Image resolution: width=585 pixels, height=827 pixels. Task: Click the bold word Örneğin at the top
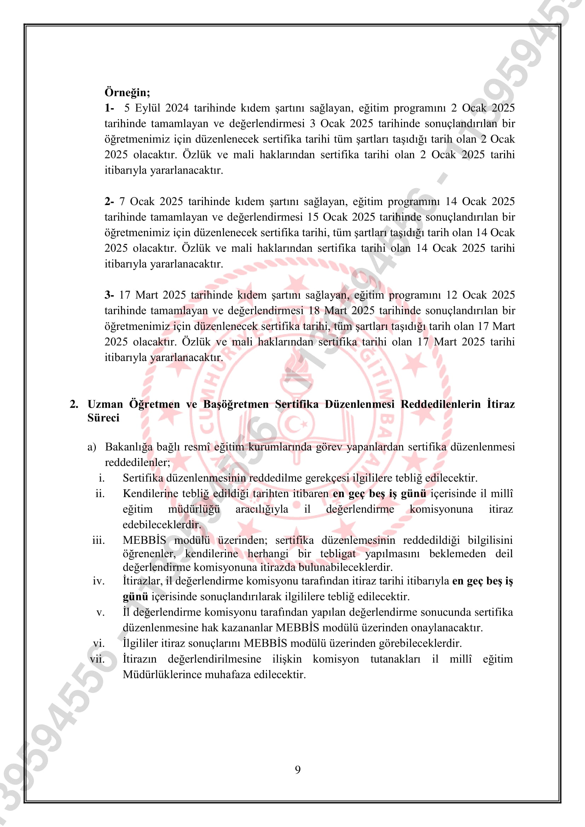click(x=127, y=93)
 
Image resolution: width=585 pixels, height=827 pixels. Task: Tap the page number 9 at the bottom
click(x=297, y=769)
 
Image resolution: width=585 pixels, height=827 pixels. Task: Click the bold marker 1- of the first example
click(x=109, y=108)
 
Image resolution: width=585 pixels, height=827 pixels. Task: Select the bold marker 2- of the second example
click(x=109, y=201)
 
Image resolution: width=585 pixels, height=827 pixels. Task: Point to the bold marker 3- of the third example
click(x=109, y=295)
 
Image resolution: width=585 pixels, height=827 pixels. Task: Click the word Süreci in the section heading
click(x=103, y=418)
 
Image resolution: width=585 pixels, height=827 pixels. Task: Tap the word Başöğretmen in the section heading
click(x=236, y=404)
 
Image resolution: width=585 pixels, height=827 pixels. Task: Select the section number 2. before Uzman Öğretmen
click(x=74, y=404)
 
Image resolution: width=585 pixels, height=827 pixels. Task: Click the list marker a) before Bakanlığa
click(x=92, y=447)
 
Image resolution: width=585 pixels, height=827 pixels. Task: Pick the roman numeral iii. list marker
click(x=98, y=540)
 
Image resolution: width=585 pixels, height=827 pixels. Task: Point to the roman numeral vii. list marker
click(x=97, y=659)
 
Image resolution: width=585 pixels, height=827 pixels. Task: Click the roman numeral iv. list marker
click(x=98, y=581)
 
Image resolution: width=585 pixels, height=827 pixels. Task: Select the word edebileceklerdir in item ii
click(x=162, y=525)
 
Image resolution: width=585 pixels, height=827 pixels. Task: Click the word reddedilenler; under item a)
click(x=137, y=462)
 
